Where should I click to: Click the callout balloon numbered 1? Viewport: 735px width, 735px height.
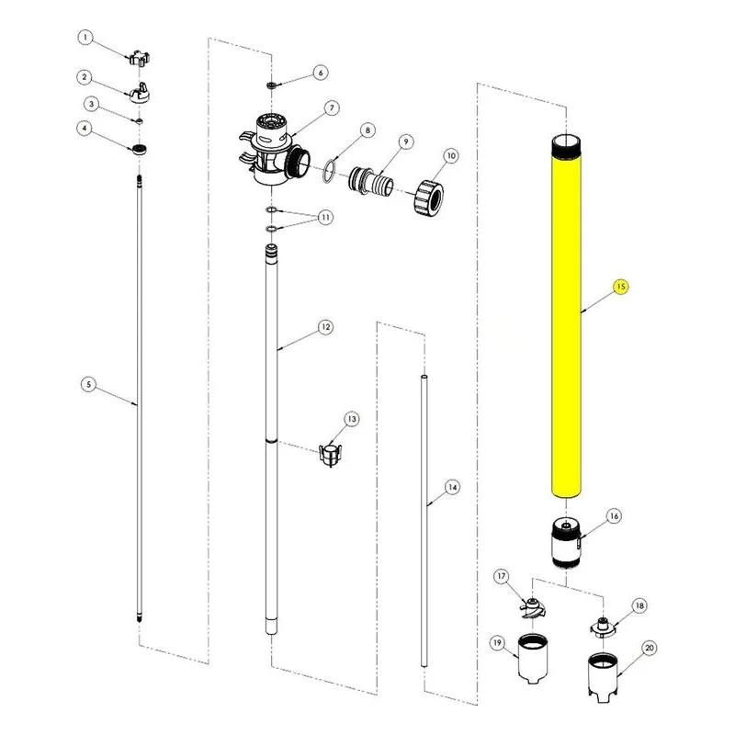[x=85, y=38]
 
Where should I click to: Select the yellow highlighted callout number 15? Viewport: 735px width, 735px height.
[x=621, y=287]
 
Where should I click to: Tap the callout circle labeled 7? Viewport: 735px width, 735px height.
[x=332, y=108]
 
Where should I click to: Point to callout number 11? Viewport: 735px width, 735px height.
[x=325, y=218]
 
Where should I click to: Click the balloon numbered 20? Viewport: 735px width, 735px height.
[x=650, y=649]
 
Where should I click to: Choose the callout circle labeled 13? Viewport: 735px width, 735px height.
[x=352, y=419]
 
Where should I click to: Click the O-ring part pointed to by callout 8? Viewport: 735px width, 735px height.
[x=330, y=171]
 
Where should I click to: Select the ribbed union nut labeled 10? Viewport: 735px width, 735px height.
[x=429, y=196]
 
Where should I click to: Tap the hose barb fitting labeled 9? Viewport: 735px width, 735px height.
[x=371, y=180]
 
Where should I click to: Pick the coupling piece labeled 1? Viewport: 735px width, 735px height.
[x=140, y=58]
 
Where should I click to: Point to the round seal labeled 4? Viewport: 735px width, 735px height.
[x=140, y=150]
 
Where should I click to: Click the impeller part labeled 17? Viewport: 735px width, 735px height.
[x=533, y=609]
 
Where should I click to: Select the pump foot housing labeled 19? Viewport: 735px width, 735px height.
[x=532, y=658]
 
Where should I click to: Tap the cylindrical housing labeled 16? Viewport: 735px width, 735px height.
[x=566, y=543]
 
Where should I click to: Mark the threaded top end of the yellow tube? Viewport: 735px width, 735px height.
[x=566, y=147]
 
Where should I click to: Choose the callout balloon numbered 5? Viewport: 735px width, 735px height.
[x=88, y=385]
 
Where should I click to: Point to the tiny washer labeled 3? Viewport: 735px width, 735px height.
[x=140, y=121]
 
